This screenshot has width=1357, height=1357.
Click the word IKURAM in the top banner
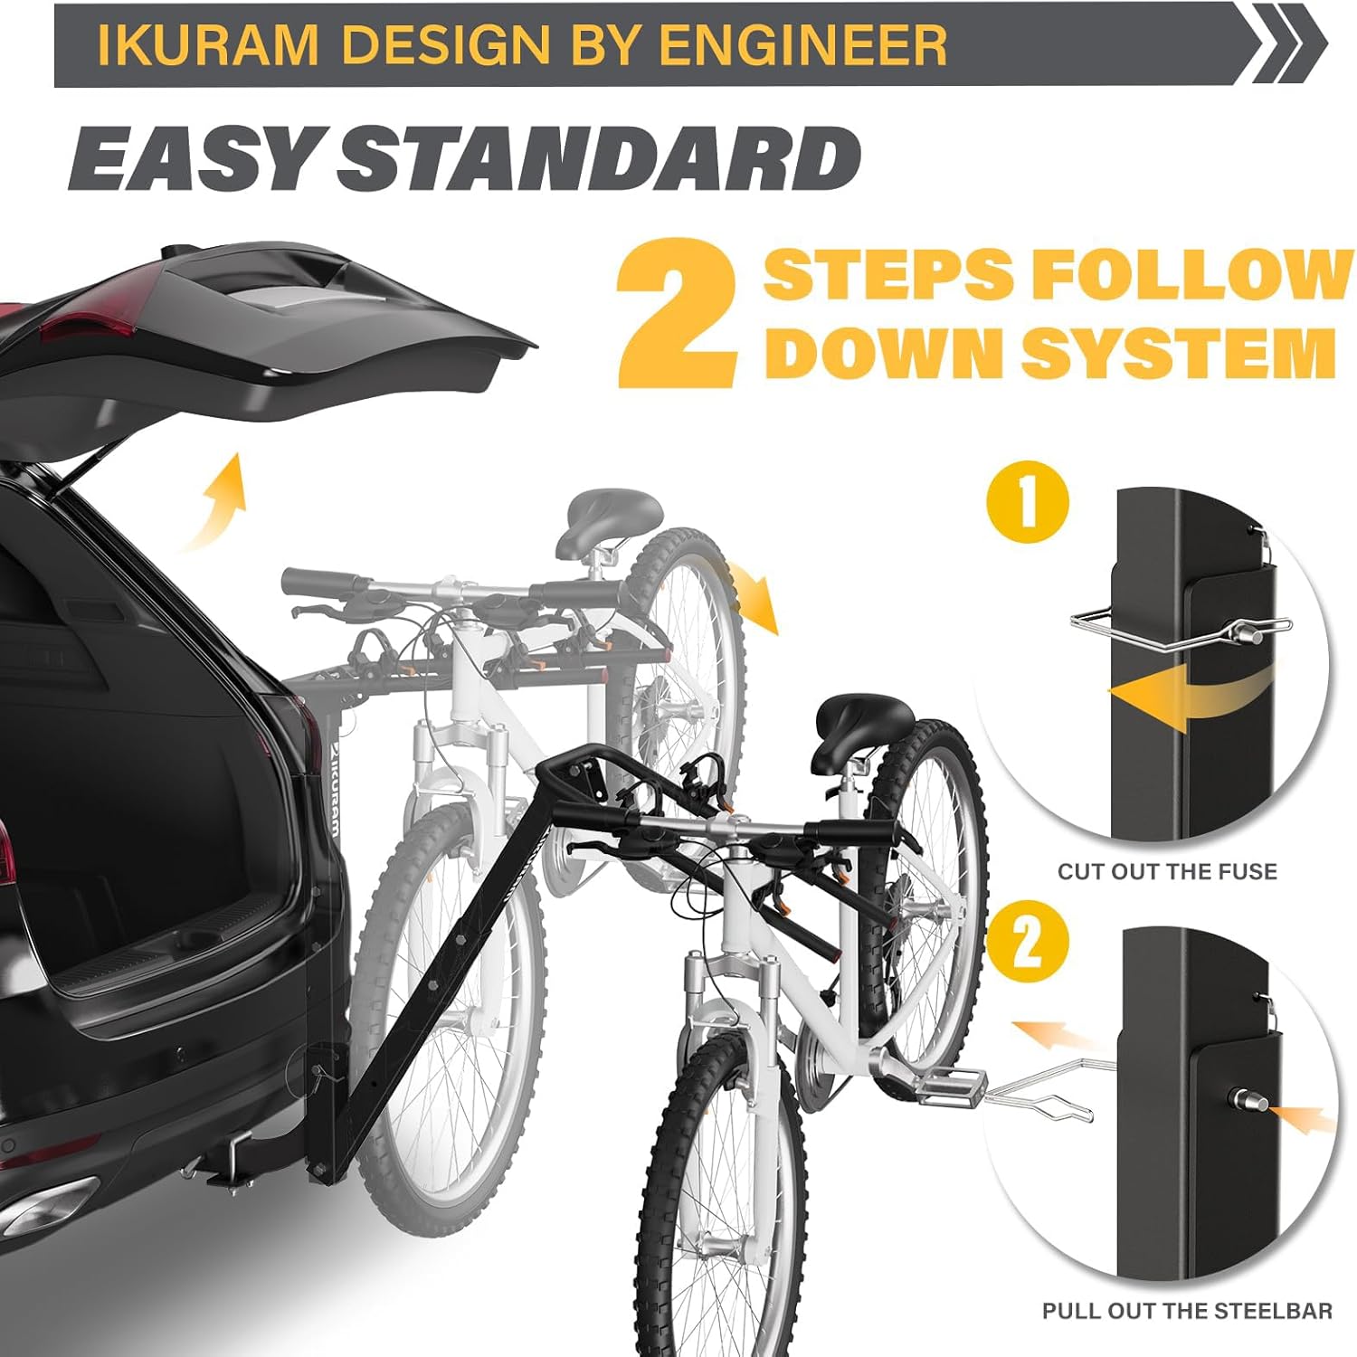(x=208, y=45)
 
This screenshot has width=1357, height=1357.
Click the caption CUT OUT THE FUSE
(x=1168, y=871)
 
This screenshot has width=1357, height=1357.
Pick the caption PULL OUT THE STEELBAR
(x=1187, y=1311)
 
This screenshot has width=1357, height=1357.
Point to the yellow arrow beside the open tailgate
(x=216, y=500)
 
